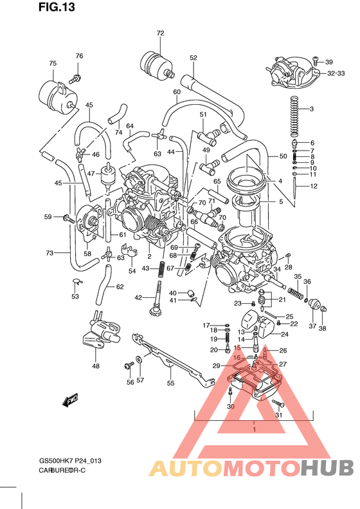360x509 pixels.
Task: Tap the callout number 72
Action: click(160, 33)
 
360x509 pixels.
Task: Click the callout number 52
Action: click(193, 58)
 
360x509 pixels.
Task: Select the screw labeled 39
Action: click(316, 61)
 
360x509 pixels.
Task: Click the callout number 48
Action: click(96, 366)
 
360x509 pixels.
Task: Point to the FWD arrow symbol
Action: click(70, 401)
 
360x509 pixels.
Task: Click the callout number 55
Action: click(170, 383)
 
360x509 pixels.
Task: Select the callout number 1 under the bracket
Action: click(255, 429)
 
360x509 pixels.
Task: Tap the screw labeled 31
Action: click(278, 403)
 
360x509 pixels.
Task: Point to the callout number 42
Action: click(138, 297)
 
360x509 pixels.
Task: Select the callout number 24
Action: click(283, 334)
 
